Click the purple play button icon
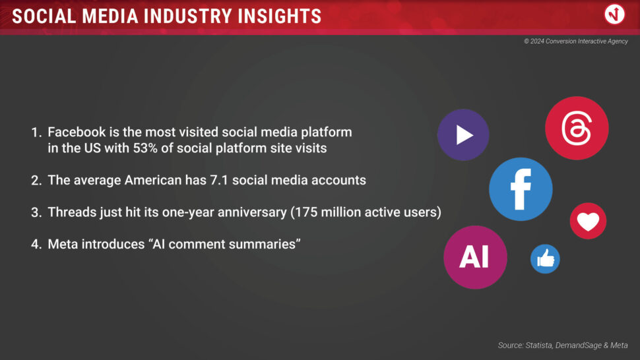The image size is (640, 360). [x=463, y=135]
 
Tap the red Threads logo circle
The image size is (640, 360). [x=577, y=128]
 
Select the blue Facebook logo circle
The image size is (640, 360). [x=521, y=189]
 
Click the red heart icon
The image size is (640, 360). [x=588, y=221]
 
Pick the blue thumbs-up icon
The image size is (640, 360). [x=545, y=259]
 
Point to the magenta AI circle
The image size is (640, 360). [x=476, y=257]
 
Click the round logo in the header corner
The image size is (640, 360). [x=614, y=15]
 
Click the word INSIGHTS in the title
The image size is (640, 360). [x=280, y=16]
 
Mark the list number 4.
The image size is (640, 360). [x=36, y=244]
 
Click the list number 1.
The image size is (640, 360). [x=36, y=133]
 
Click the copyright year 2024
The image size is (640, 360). [x=537, y=41]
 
